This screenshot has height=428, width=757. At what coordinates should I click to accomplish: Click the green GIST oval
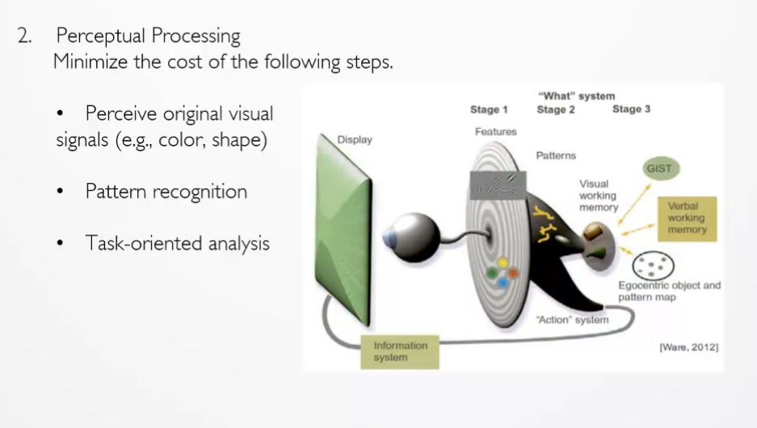click(x=660, y=168)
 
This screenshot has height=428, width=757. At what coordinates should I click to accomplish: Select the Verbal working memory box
click(x=687, y=218)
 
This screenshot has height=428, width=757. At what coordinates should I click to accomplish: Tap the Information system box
click(x=400, y=352)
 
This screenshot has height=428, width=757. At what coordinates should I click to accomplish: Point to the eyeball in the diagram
click(x=411, y=237)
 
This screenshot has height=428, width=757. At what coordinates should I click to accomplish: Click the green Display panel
click(x=343, y=230)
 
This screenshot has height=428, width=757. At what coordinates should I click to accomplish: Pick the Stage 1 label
click(x=489, y=110)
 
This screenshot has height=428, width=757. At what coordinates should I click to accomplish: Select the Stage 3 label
click(x=632, y=109)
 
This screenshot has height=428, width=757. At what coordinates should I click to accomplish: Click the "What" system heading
click(x=577, y=95)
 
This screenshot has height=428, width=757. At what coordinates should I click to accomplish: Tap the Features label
click(x=496, y=132)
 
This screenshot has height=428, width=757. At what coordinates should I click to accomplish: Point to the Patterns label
click(x=556, y=155)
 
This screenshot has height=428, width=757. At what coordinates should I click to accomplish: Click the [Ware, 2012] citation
click(x=689, y=347)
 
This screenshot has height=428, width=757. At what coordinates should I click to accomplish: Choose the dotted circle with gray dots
click(x=654, y=265)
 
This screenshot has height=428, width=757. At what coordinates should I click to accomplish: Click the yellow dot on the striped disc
click(x=503, y=263)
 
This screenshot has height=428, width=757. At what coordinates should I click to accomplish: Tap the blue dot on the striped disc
click(x=503, y=282)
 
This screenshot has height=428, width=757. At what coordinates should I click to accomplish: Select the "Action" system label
click(x=573, y=320)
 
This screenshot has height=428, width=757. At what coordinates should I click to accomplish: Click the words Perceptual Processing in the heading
click(x=148, y=36)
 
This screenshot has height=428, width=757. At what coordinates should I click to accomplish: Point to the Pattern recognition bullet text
click(x=166, y=192)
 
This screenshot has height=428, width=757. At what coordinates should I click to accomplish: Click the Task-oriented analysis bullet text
click(x=177, y=243)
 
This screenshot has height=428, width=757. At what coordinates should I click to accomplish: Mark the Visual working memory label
click(x=599, y=195)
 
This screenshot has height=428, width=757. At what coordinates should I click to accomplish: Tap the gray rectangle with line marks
click(x=498, y=185)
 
